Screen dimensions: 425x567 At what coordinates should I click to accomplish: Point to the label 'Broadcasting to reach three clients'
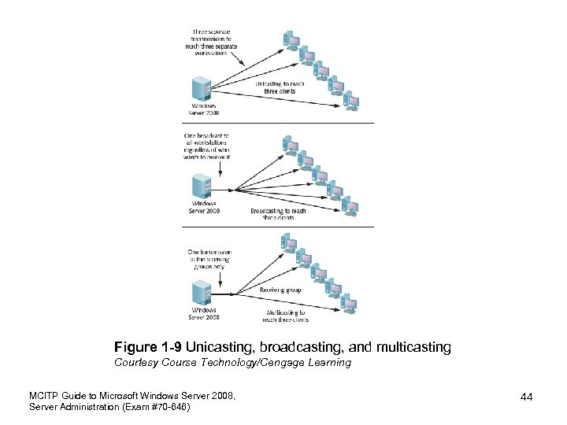[273, 214]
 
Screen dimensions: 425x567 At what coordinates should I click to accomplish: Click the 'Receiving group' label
[280, 290]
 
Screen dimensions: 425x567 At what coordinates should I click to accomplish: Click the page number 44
[526, 397]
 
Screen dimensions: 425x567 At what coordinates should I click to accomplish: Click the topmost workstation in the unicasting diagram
[291, 39]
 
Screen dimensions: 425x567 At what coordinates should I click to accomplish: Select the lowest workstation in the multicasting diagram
[351, 305]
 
